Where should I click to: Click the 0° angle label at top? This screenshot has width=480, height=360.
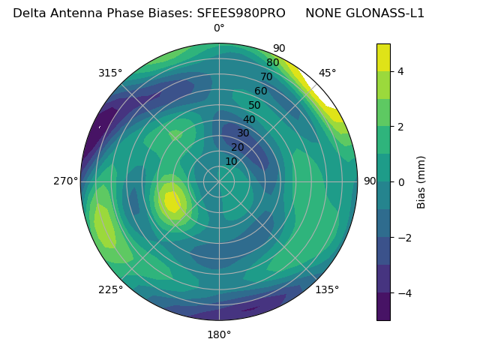click(219, 28)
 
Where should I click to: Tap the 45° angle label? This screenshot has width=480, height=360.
click(328, 73)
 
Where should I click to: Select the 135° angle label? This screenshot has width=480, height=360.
click(328, 289)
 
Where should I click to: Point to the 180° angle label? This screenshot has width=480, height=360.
click(219, 334)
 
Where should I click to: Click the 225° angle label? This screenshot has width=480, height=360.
click(110, 289)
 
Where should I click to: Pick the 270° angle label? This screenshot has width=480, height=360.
click(65, 181)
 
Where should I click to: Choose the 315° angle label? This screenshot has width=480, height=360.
click(110, 73)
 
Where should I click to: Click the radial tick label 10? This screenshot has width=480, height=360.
click(231, 161)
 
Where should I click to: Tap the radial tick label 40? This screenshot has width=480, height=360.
click(249, 119)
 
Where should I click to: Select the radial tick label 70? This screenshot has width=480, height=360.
click(266, 77)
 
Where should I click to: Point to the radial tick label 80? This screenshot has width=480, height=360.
click(272, 63)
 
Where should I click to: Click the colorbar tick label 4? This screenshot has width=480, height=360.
click(401, 71)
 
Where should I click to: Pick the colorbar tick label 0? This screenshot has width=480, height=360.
click(401, 181)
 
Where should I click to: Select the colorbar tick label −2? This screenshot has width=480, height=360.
click(405, 237)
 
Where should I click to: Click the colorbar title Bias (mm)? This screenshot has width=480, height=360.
click(421, 181)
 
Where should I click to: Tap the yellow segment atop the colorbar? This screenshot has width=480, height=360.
click(383, 57)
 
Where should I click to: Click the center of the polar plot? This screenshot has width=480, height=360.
click(219, 181)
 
